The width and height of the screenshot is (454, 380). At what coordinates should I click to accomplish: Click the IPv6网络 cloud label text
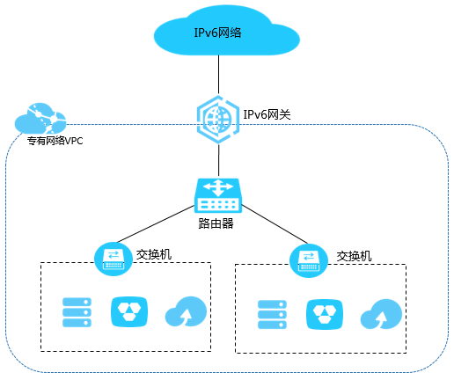[x=217, y=33]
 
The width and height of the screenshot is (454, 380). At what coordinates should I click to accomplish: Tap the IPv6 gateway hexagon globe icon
[x=218, y=120]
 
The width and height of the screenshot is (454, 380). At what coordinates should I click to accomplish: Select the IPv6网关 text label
[x=267, y=114]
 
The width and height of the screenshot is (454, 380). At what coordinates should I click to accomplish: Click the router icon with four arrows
[x=218, y=195]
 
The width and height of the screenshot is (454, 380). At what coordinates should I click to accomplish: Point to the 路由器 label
[x=216, y=223]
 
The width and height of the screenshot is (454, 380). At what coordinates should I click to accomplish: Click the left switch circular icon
[x=113, y=259]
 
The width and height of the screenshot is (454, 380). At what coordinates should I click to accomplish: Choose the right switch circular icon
[x=309, y=260]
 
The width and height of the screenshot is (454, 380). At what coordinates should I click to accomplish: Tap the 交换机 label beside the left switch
[x=154, y=254]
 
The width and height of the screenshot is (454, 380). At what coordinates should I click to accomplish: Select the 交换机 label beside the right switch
[x=354, y=256]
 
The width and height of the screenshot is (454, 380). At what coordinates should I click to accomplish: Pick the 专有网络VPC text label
[x=55, y=141]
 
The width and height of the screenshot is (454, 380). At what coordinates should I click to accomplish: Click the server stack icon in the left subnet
[x=77, y=312]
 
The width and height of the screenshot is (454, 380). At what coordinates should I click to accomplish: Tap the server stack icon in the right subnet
[x=272, y=314]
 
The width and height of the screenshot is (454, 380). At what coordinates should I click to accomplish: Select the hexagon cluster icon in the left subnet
[x=129, y=312]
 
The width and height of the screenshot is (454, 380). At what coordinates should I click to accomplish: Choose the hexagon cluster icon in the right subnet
[x=325, y=314]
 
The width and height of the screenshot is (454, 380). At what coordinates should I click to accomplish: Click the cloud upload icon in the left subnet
[x=186, y=311]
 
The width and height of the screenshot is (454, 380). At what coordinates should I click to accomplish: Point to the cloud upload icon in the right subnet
[x=381, y=314]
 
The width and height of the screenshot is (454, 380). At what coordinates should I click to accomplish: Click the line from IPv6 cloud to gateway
[x=218, y=75]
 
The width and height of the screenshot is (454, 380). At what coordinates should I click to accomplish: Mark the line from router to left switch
[x=156, y=224]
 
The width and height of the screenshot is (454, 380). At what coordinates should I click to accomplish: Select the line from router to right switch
[x=275, y=224]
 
